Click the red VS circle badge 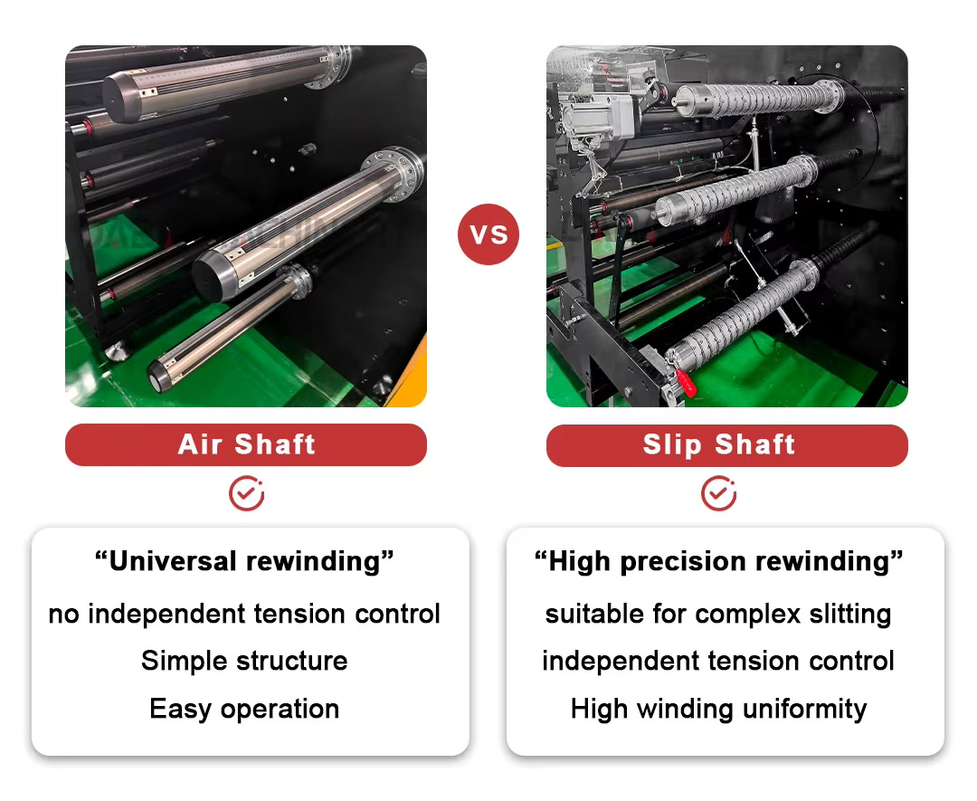488,234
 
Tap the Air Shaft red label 246,444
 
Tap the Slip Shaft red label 727,445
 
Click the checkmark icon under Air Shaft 247,493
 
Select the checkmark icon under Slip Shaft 719,493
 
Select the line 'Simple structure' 244,661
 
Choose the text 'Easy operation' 244,709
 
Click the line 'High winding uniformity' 718,709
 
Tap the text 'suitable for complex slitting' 718,614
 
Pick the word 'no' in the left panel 64,615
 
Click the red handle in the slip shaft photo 686,381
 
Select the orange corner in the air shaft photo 408,374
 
